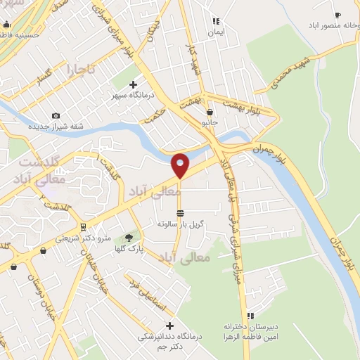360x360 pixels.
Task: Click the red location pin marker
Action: pos(181,165)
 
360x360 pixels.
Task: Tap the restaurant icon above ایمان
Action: pos(216,21)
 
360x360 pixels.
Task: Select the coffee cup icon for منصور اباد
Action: pos(337,15)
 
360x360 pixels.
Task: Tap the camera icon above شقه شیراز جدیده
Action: pos(56,115)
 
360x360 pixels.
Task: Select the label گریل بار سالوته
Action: pos(181,224)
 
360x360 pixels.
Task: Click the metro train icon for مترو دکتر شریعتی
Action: pos(84,226)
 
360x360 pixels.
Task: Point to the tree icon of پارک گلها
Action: pos(128,238)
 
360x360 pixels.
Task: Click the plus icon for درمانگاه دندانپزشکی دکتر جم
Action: pos(169,325)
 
